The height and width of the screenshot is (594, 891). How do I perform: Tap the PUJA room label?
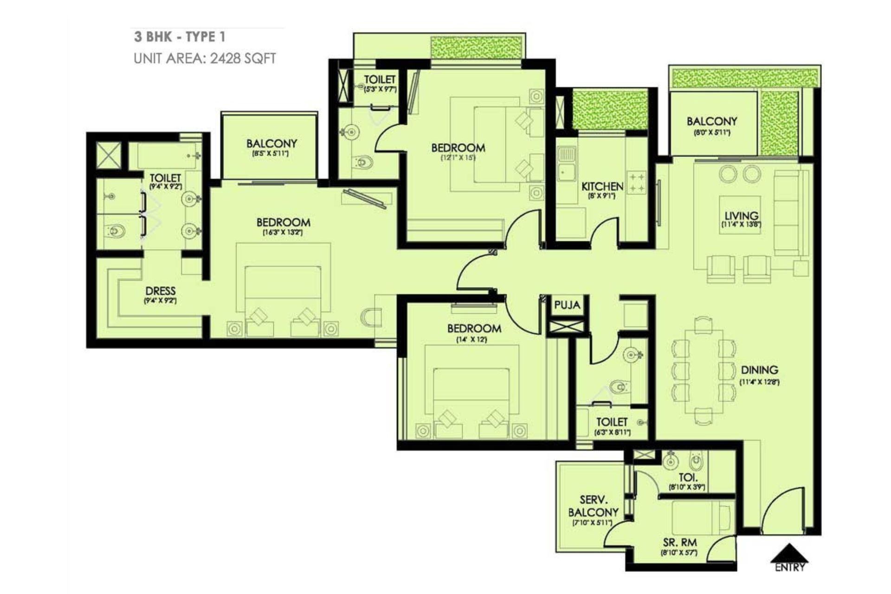tap(567, 305)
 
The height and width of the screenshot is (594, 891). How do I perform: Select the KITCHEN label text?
tap(602, 187)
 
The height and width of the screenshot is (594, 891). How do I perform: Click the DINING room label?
tap(759, 370)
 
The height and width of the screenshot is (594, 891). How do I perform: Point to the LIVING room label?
tap(741, 216)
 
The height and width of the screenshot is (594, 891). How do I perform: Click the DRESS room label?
tap(160, 291)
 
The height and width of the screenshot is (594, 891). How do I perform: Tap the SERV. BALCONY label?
tap(593, 506)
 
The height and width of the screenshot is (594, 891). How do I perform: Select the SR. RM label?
tap(679, 542)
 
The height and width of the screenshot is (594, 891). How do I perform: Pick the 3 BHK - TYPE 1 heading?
tap(180, 37)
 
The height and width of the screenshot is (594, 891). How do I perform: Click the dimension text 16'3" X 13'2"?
tap(283, 232)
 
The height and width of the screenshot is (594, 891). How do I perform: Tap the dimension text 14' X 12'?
tap(471, 340)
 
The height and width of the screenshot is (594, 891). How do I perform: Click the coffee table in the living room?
tap(740, 214)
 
